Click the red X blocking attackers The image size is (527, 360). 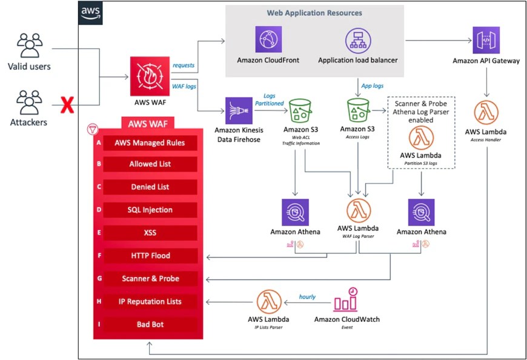point(67,107)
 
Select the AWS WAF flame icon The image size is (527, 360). point(148,73)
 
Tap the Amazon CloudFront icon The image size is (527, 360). point(268,40)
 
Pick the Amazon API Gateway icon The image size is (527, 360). point(486,40)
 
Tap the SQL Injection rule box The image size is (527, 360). point(150,210)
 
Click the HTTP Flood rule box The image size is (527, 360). point(150,256)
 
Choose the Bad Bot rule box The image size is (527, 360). point(150,324)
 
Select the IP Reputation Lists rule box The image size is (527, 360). point(150,301)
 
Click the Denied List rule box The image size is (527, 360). point(150,187)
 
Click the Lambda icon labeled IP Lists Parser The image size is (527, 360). point(268,302)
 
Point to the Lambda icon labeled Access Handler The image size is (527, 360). point(486,113)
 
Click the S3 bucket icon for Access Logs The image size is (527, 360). point(358,110)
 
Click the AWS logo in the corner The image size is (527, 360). point(90,12)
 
